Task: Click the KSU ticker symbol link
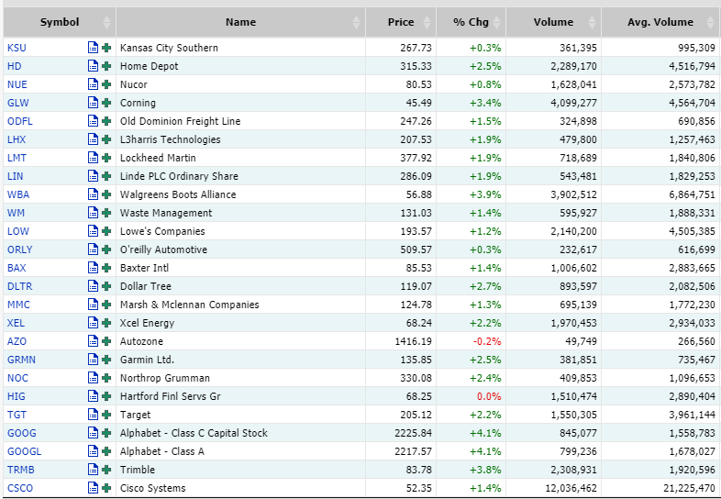pyautogui.click(x=16, y=48)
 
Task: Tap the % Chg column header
pyautogui.click(x=471, y=22)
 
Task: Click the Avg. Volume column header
pyautogui.click(x=660, y=22)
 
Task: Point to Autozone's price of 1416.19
pyautogui.click(x=410, y=341)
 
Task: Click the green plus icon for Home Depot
pyautogui.click(x=106, y=66)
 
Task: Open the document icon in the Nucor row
pyautogui.click(x=93, y=84)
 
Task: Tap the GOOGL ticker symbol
pyautogui.click(x=23, y=451)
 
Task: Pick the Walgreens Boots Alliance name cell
pyautogui.click(x=178, y=194)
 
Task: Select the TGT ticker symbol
pyautogui.click(x=16, y=415)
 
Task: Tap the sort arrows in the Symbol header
pyautogui.click(x=106, y=22)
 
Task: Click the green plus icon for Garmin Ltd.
pyautogui.click(x=106, y=360)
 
